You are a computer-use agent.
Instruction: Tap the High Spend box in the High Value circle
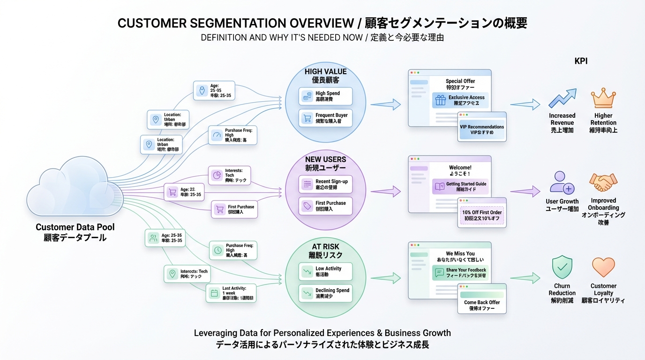[x=325, y=96]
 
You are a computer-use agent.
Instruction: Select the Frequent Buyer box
[x=325, y=118]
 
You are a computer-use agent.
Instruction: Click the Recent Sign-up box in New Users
[x=325, y=184]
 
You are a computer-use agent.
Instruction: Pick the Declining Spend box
[x=325, y=293]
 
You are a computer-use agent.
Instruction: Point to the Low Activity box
[x=325, y=271]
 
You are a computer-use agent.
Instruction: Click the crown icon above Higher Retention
[x=603, y=99]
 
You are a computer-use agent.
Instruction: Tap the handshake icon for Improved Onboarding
[x=603, y=183]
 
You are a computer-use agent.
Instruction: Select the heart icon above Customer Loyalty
[x=603, y=267]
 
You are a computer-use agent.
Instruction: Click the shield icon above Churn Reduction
[x=562, y=267]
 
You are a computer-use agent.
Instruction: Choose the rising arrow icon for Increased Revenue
[x=562, y=99]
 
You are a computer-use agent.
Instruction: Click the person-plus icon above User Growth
[x=562, y=183]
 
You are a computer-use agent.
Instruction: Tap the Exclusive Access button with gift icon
[x=460, y=100]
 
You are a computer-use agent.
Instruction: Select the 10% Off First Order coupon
[x=482, y=216]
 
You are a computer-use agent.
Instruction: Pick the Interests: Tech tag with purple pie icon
[x=230, y=174]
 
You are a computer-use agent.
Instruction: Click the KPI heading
[x=581, y=61]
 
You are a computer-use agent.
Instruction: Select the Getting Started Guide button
[x=460, y=187]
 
